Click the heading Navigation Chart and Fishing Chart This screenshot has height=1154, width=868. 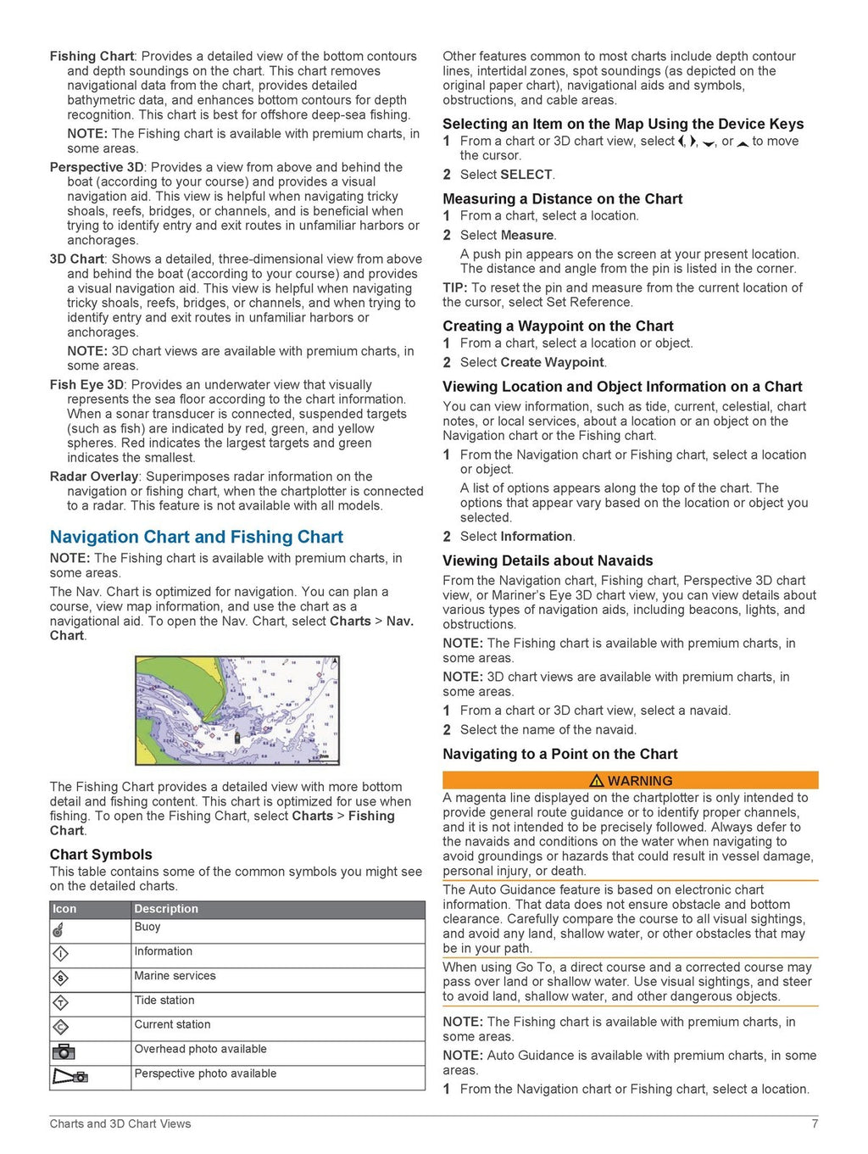[x=196, y=537]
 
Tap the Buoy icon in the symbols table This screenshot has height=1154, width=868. [x=58, y=930]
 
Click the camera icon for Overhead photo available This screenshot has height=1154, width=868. [x=64, y=1052]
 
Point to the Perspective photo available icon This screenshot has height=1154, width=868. [x=70, y=1077]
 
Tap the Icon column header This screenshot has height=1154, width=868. [x=64, y=909]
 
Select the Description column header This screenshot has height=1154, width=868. [x=166, y=909]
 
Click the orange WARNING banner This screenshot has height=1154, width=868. [x=630, y=780]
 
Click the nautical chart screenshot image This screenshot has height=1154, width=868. [x=237, y=711]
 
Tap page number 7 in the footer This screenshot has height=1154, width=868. [x=815, y=1124]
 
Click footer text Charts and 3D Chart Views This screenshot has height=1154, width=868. [x=120, y=1124]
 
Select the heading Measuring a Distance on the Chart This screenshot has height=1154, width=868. [x=562, y=199]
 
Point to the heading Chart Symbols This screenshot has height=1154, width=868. [x=101, y=855]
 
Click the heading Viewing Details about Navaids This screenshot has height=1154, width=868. [x=548, y=560]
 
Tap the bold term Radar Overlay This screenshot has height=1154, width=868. [x=93, y=477]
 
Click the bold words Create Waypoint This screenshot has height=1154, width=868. [x=553, y=362]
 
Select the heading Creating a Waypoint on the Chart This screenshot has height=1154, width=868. [x=558, y=326]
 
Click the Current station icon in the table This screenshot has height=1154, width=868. [x=60, y=1028]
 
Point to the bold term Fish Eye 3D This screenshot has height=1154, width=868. [x=86, y=385]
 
